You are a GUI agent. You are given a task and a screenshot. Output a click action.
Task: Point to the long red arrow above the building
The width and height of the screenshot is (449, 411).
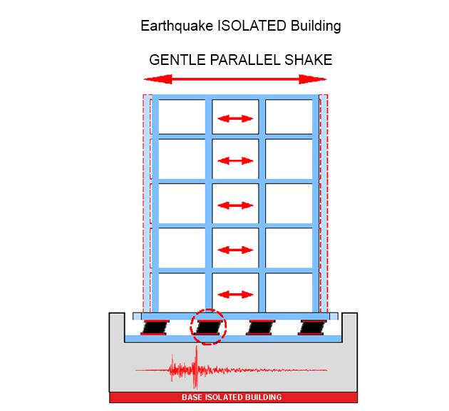236,78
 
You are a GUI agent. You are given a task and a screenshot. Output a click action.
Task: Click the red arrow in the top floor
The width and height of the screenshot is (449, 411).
236,118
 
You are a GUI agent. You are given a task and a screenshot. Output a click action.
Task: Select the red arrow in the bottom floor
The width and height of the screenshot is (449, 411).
236,293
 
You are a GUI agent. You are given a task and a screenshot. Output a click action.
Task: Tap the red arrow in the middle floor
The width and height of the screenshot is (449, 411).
236,205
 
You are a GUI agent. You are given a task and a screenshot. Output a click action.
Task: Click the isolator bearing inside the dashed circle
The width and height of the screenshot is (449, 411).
207,328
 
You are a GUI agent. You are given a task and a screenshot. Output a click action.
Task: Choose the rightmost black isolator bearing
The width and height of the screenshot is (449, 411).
311,328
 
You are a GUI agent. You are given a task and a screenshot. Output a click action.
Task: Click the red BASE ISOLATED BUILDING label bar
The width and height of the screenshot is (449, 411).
234,397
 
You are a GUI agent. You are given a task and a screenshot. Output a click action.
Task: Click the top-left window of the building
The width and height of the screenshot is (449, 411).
181,117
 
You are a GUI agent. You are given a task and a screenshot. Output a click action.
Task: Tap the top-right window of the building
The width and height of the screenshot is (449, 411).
289,117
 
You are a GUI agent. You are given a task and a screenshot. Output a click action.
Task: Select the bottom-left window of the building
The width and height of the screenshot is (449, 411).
181,293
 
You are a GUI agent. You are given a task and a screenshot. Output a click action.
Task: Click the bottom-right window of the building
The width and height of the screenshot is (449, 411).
289,293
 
